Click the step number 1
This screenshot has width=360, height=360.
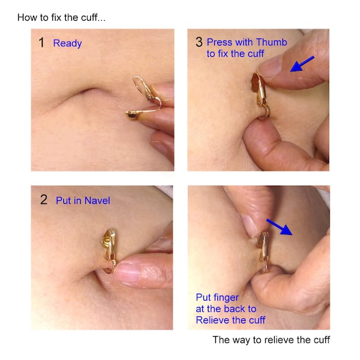pos(41,43)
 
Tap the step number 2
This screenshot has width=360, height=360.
pos(44,200)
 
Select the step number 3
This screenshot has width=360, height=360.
pos(199,42)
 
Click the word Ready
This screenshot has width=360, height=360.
pos(68,44)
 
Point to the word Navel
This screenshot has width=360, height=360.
pos(97,201)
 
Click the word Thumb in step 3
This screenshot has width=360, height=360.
pos(272,42)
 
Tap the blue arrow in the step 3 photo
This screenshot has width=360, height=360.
pos(302,64)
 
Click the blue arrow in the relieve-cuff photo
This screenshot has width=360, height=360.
pos(279,227)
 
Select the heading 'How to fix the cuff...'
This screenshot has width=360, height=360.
pos(61,18)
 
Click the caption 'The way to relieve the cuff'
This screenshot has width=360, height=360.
pos(271,340)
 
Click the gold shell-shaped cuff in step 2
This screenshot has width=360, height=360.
pos(109,248)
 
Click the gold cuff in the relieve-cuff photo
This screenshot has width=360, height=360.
pos(264,251)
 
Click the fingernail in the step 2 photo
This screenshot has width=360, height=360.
pos(126,274)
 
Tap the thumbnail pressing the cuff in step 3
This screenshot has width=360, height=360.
pos(271,68)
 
